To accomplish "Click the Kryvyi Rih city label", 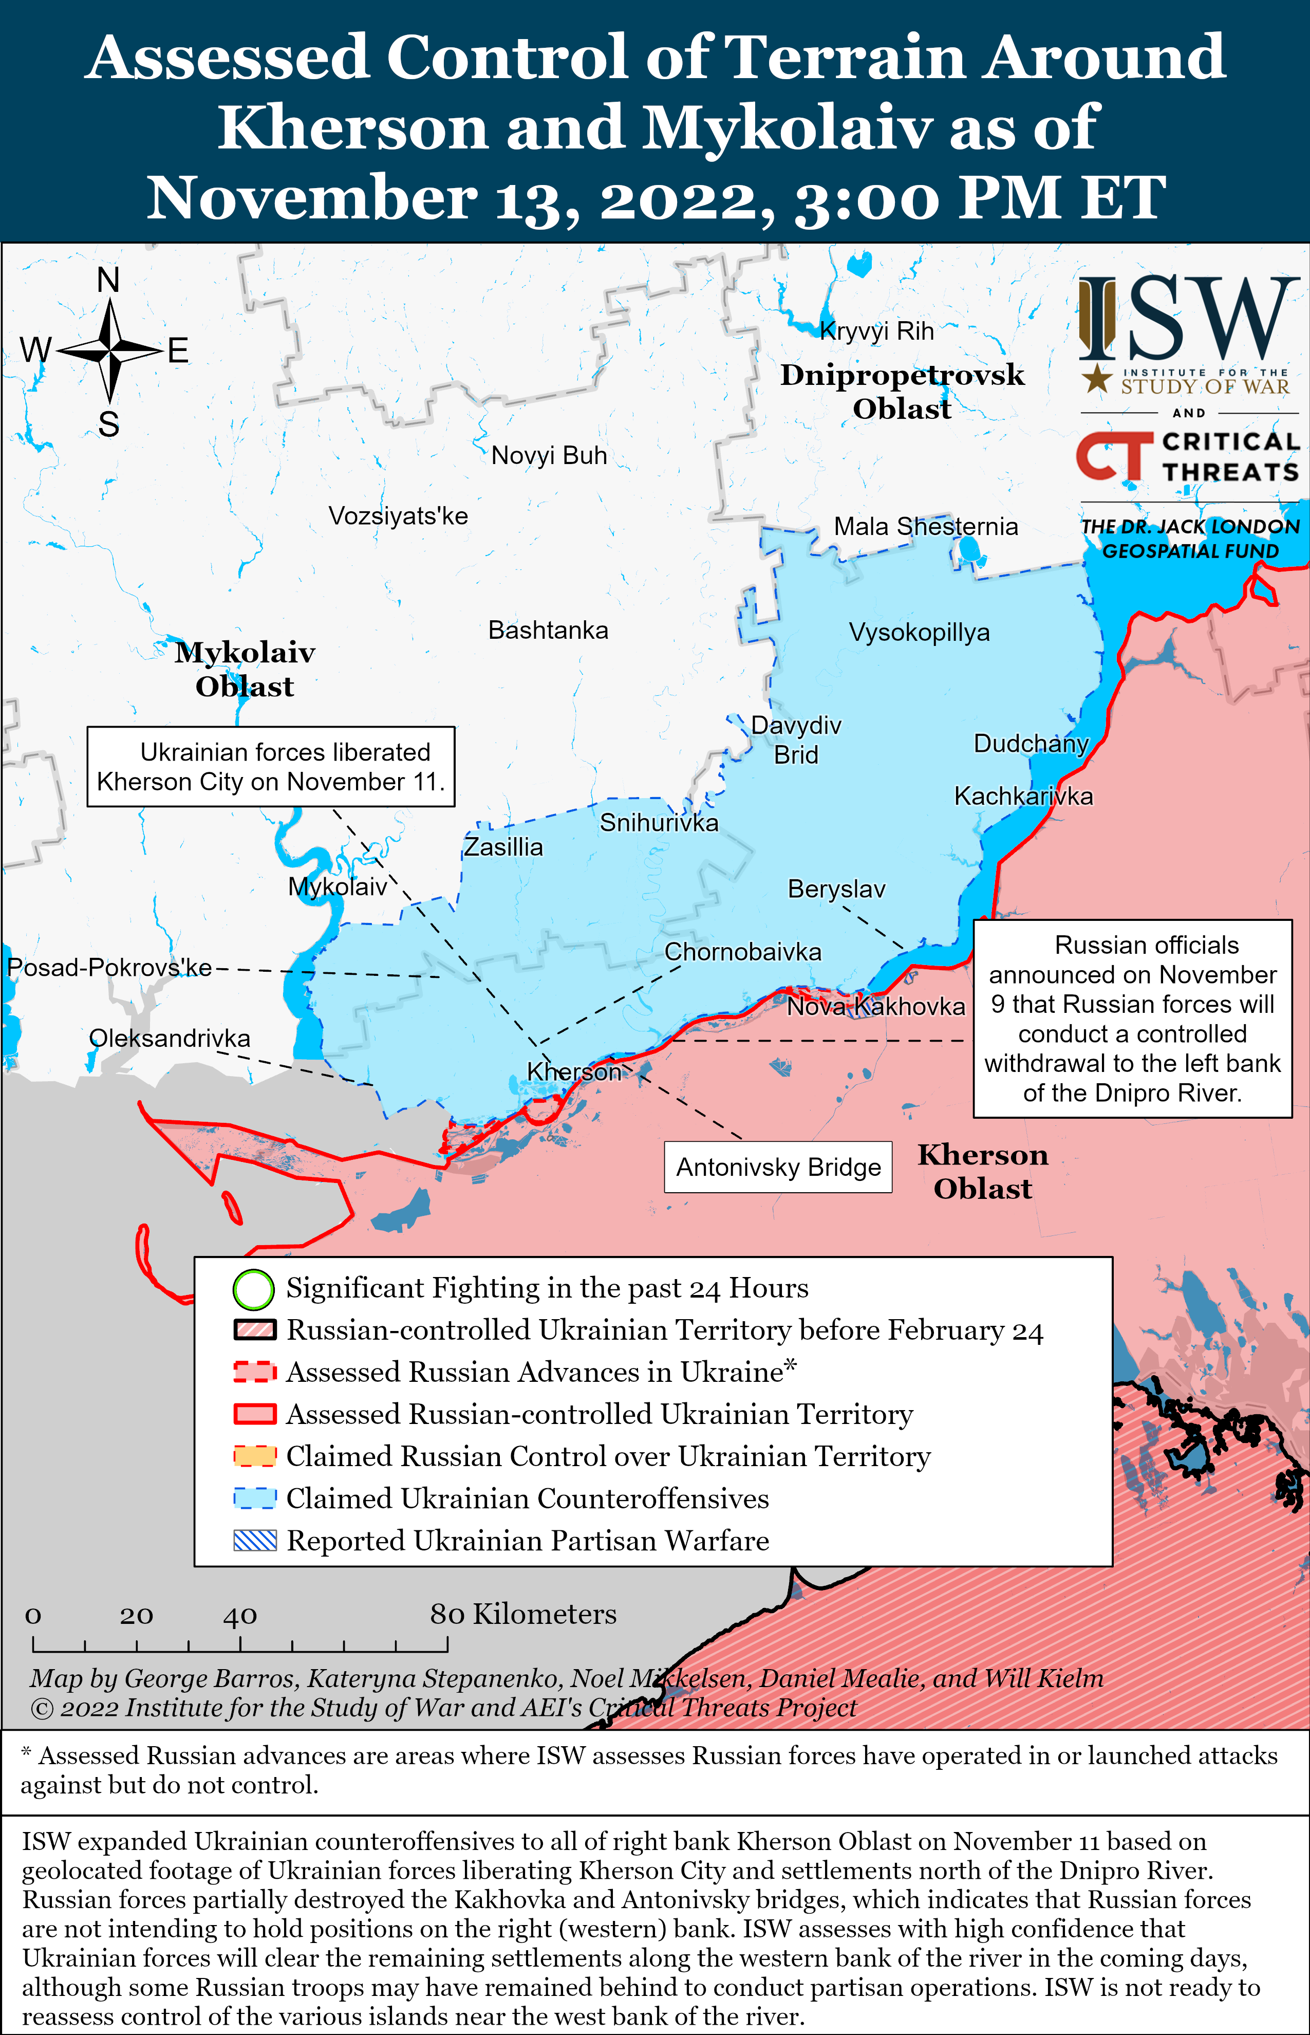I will click(x=877, y=331).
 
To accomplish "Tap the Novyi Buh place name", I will click(x=549, y=455).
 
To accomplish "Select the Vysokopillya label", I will click(x=919, y=632).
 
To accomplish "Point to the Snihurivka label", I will click(x=659, y=823).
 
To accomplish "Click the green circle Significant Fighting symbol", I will click(x=253, y=1289).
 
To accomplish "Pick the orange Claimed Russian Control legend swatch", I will click(x=254, y=1456).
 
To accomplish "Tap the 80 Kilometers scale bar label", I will click(x=522, y=1614).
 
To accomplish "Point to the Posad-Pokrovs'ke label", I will click(x=109, y=967).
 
